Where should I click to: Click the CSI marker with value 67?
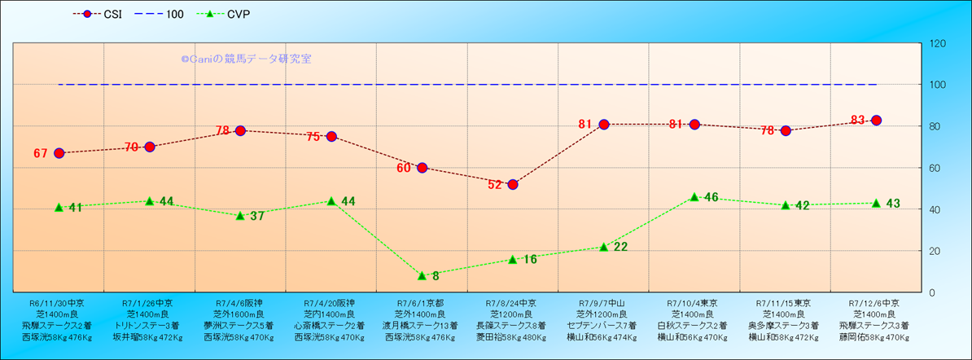click(59, 153)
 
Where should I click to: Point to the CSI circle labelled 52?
click(513, 184)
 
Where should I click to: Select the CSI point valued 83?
click(876, 121)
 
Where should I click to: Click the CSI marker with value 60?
click(422, 168)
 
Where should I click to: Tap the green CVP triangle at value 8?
click(422, 275)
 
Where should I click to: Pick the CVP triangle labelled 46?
click(694, 197)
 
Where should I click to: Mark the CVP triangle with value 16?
click(513, 259)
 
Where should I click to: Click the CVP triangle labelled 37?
click(240, 216)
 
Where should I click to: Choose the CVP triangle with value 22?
click(603, 247)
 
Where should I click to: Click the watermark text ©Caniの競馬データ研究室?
click(246, 59)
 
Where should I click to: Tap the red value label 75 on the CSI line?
click(313, 137)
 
